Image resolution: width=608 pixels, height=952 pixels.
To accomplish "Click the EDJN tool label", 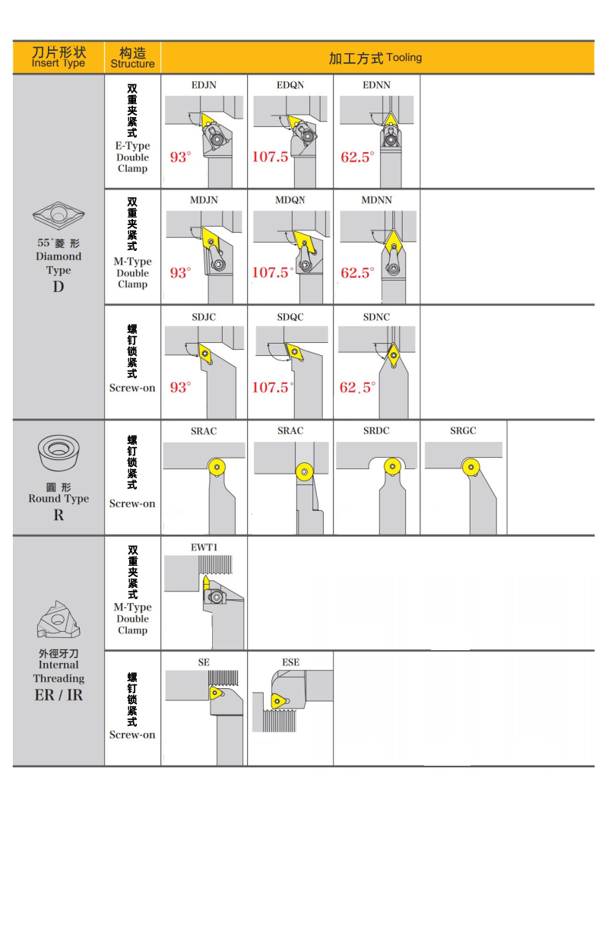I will tap(203, 85).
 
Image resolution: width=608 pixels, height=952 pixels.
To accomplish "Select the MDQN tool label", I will tap(290, 200).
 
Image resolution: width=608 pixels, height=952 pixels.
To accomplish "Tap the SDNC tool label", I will tap(376, 316).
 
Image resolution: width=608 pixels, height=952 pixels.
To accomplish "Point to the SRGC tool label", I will tap(463, 430).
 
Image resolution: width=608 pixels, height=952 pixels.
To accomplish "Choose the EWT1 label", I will tap(204, 547).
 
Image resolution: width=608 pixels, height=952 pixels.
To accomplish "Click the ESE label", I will tap(290, 662).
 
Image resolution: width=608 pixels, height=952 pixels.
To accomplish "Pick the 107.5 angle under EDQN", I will tap(271, 157).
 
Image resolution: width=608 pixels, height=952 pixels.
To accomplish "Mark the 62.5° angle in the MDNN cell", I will tap(357, 272).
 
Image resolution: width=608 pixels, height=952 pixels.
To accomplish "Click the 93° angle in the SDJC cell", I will tap(180, 387).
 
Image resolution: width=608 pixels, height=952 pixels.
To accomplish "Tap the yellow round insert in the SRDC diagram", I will tap(391, 465).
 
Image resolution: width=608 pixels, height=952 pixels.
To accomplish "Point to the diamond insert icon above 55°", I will tap(58, 215).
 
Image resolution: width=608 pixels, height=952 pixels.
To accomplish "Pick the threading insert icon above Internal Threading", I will tap(59, 620).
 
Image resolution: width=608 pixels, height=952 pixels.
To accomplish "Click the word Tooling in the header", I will tap(404, 58).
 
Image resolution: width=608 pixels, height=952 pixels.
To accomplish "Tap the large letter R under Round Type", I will tap(59, 515).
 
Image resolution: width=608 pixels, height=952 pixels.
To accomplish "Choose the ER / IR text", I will tap(59, 695).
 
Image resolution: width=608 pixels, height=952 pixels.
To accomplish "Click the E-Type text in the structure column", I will tap(132, 146).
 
